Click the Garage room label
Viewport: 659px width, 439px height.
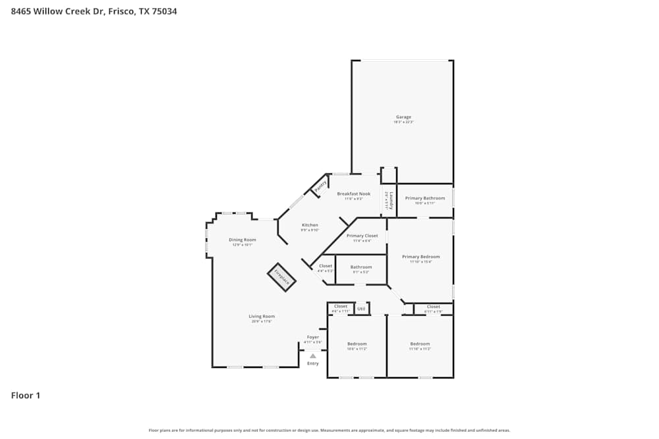(403, 117)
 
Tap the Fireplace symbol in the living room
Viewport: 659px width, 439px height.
(281, 277)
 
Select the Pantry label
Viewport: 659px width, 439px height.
(320, 186)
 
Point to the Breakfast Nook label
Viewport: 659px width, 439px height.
(353, 194)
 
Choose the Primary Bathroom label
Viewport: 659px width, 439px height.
(424, 198)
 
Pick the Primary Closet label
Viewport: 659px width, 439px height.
(362, 236)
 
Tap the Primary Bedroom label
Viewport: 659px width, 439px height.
(420, 257)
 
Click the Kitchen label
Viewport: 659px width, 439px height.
(310, 225)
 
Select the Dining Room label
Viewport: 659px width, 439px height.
(242, 240)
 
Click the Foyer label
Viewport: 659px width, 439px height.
(312, 337)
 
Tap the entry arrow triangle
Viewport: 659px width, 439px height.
(312, 356)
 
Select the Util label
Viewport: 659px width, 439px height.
(361, 308)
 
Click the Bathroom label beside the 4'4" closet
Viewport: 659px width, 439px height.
(361, 267)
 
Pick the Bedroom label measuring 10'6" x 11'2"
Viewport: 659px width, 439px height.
(357, 344)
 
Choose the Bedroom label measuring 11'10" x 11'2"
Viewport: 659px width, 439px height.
(420, 344)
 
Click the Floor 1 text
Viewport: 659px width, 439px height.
(26, 396)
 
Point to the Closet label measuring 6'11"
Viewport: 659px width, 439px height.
(433, 307)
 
